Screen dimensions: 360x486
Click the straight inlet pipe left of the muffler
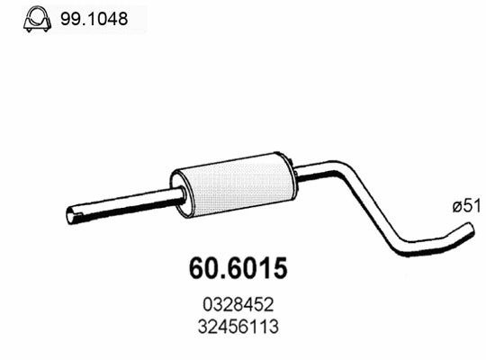(126, 204)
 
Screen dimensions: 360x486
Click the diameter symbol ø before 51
(455, 206)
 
